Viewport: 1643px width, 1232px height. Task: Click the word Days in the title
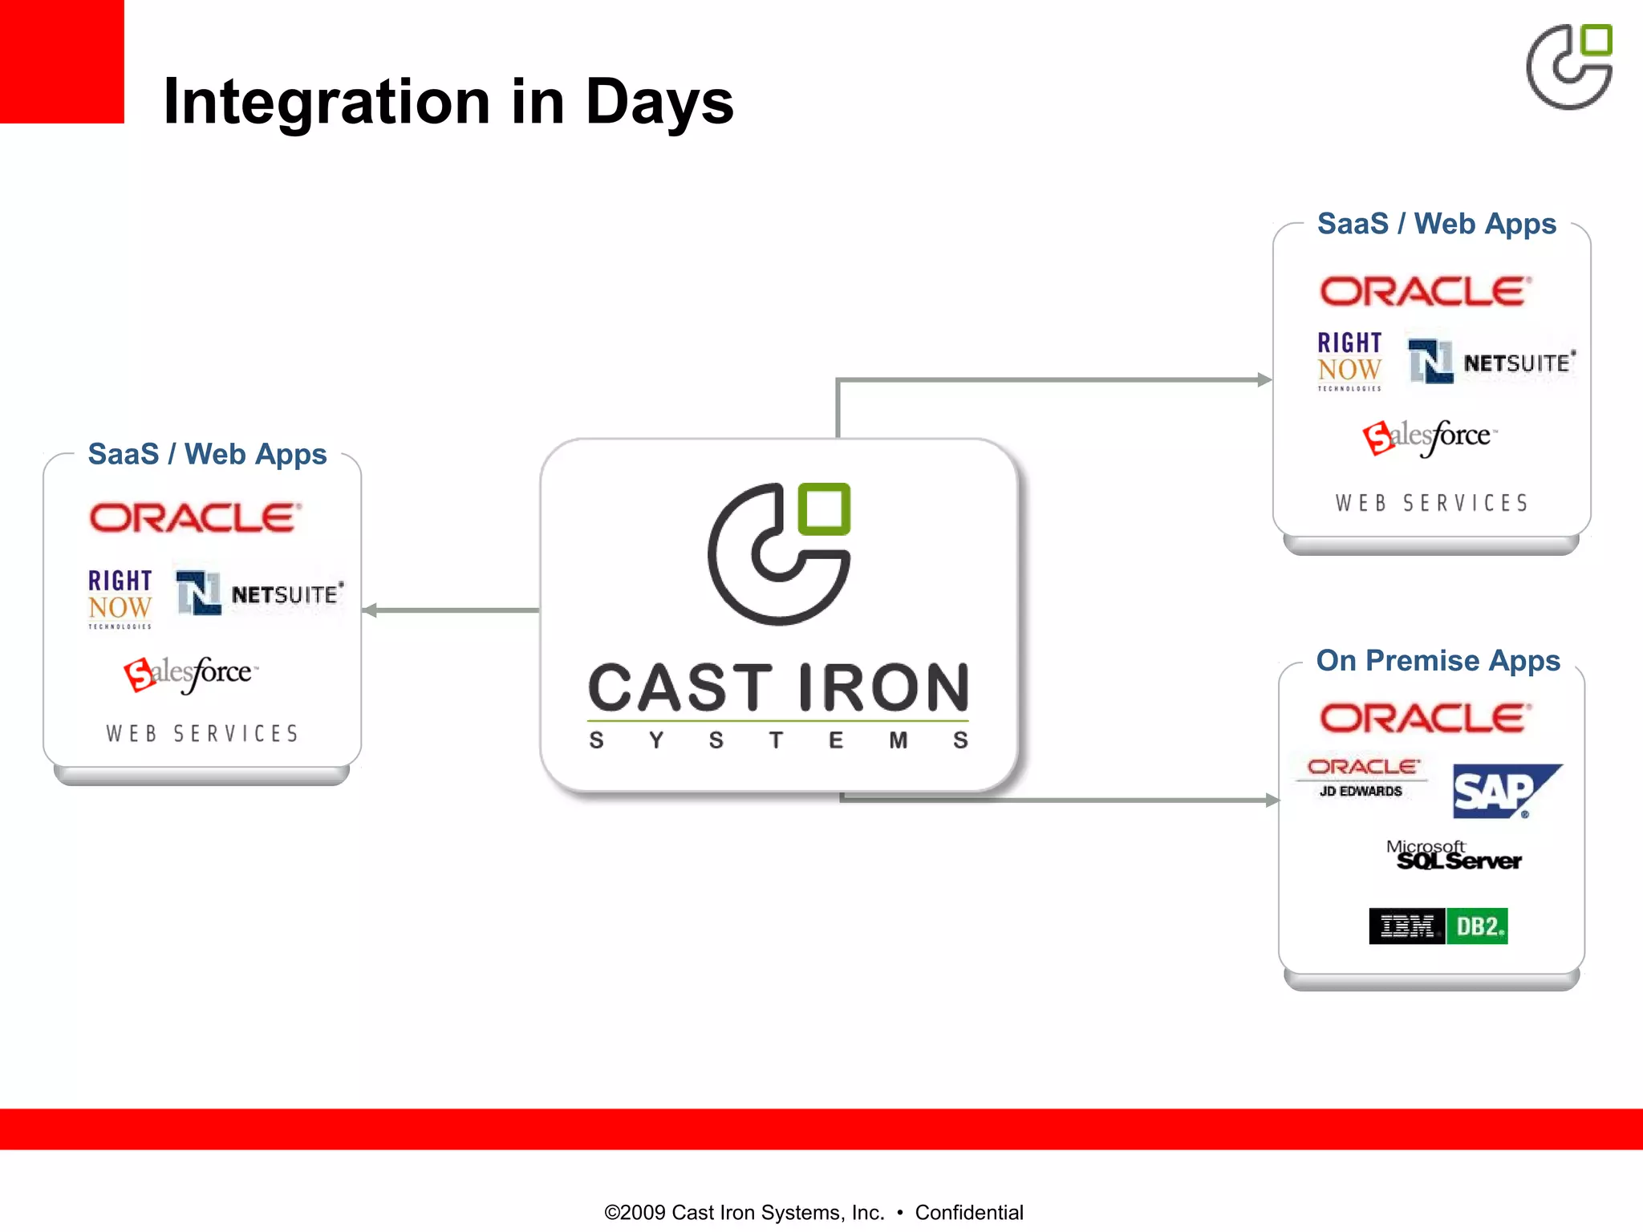coord(659,102)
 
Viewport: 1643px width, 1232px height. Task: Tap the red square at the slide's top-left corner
coord(61,61)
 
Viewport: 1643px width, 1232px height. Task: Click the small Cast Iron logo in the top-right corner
coord(1569,67)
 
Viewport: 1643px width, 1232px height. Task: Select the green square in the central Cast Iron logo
coord(824,509)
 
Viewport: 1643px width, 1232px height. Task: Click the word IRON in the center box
coord(884,687)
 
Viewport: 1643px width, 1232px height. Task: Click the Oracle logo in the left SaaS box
coord(195,518)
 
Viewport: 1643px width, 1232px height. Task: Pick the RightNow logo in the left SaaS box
coord(120,598)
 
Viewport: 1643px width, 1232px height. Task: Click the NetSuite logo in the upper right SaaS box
coord(1491,361)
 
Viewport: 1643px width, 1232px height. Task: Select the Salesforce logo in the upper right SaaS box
coord(1430,437)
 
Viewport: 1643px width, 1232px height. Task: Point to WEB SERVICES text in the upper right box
coord(1432,503)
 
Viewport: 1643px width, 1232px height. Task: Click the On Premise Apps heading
coord(1438,660)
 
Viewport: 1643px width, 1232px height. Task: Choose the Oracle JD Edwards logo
coord(1362,777)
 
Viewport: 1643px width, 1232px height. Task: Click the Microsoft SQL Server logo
coord(1454,856)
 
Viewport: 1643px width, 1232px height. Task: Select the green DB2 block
coord(1477,926)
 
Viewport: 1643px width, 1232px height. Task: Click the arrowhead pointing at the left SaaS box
coord(370,610)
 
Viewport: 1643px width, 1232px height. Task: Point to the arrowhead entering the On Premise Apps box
coord(1272,800)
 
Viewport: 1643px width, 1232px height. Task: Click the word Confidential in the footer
coord(968,1212)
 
